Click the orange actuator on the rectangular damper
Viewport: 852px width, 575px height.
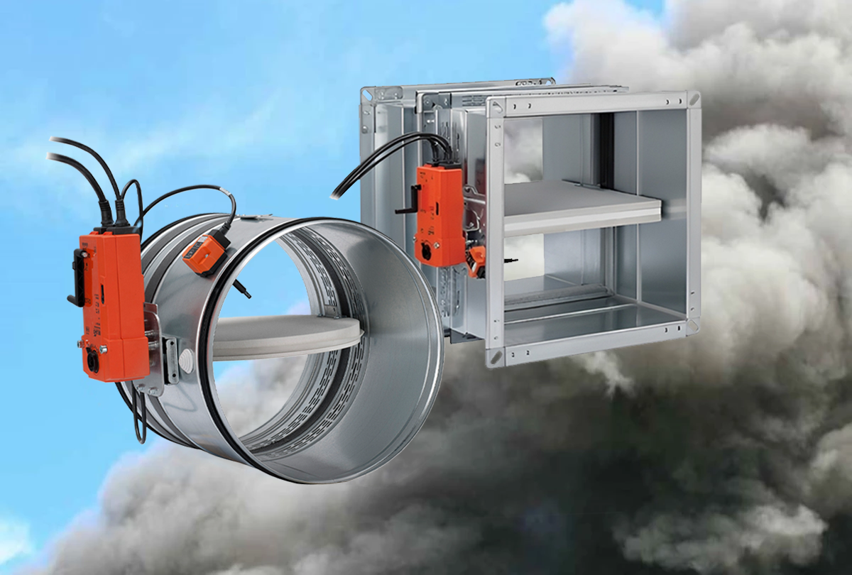[x=439, y=213]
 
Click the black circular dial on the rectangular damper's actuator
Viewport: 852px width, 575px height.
[x=426, y=250]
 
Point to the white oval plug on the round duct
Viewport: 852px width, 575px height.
[x=187, y=358]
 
